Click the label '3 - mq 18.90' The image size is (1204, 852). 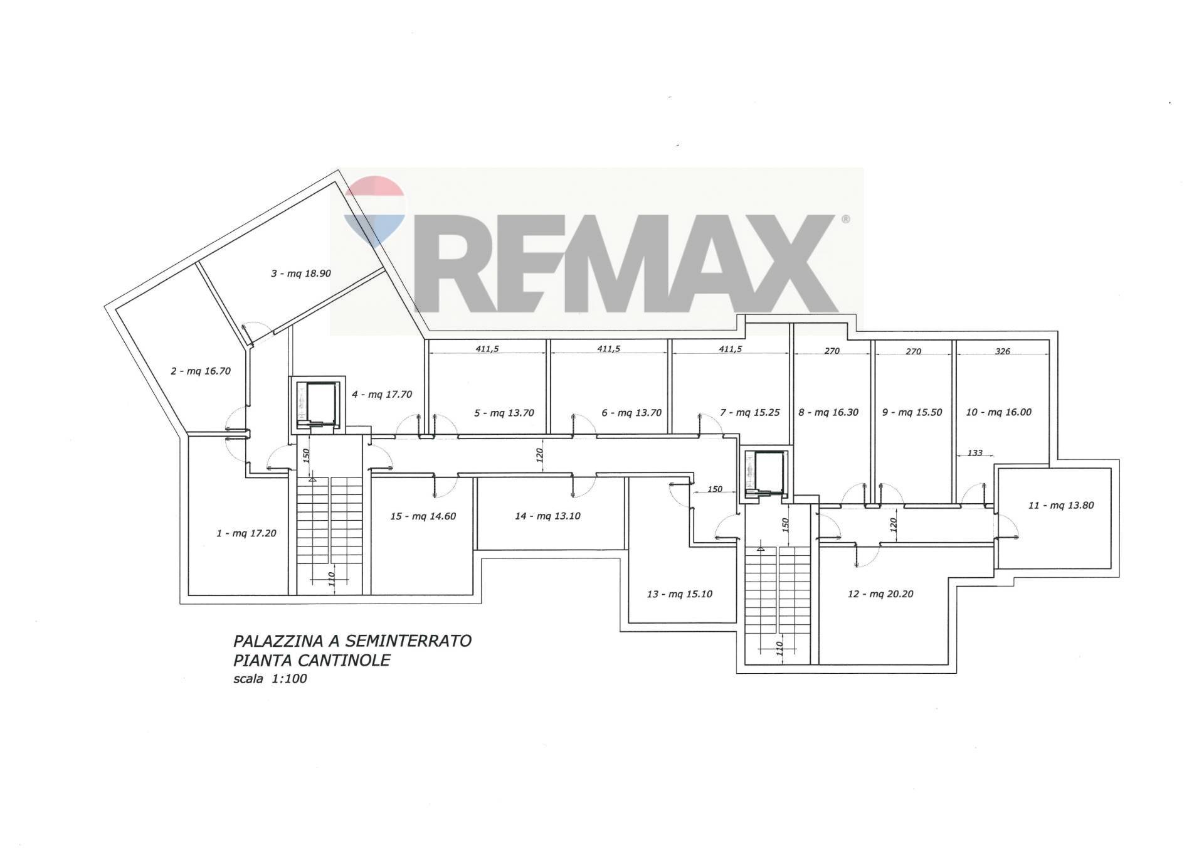tap(300, 274)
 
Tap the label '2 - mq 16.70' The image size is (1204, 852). tap(201, 371)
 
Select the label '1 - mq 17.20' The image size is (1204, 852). tap(246, 533)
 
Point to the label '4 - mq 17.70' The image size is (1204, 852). tap(381, 395)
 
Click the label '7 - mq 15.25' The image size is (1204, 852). tap(749, 412)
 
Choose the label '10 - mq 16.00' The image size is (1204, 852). tap(998, 412)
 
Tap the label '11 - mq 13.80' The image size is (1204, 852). tap(1061, 505)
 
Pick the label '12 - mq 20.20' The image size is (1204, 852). tap(880, 594)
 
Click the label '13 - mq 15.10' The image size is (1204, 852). tap(679, 594)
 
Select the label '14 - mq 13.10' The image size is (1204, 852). tap(547, 516)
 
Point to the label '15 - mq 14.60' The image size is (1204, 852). tap(423, 516)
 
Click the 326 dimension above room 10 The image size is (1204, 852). tap(1002, 351)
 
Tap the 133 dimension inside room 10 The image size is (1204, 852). tap(974, 452)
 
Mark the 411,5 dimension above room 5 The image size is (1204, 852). tap(487, 349)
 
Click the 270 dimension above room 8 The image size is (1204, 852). tap(832, 351)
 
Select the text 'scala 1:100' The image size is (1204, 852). tap(270, 678)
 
